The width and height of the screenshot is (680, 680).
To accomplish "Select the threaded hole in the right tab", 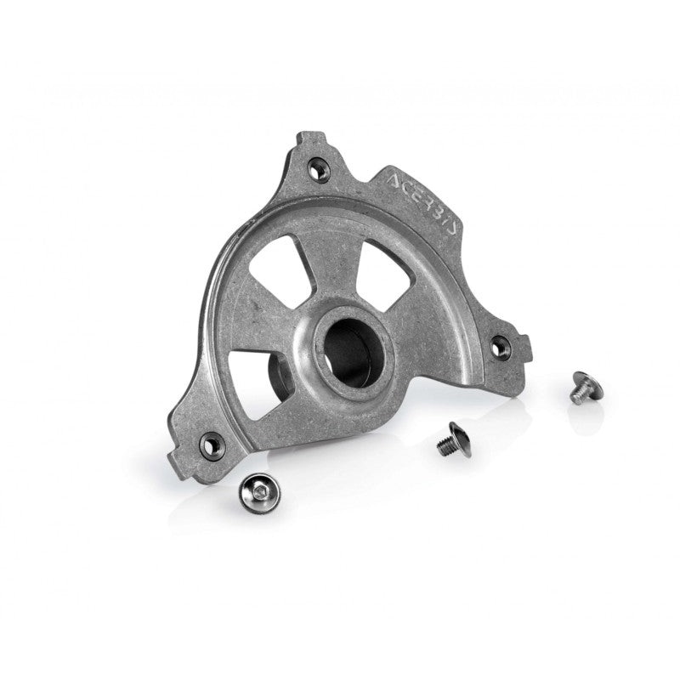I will (x=501, y=345).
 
